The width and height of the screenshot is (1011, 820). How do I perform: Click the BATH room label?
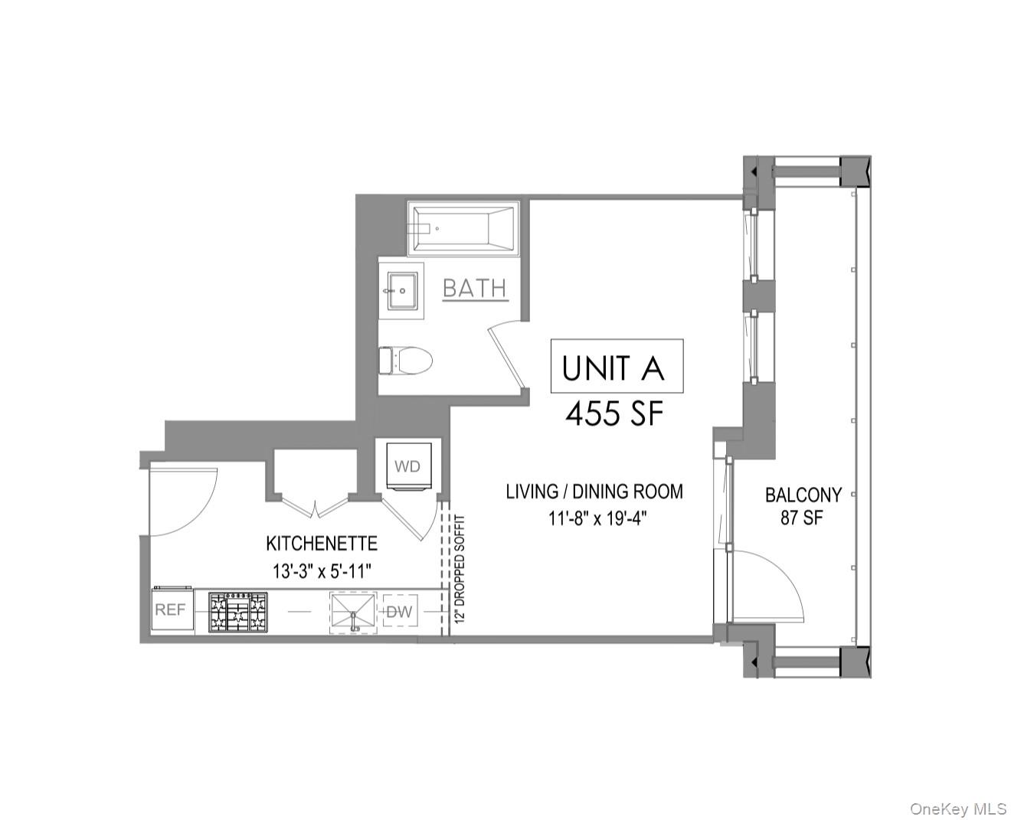475,288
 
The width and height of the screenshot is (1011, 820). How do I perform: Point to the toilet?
406,360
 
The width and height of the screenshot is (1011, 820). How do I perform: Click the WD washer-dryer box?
407,466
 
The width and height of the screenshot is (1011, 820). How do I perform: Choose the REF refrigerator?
171,610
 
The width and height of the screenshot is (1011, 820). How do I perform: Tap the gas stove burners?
238,613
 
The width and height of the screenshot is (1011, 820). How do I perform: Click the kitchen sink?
353,613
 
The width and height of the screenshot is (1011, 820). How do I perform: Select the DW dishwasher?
400,612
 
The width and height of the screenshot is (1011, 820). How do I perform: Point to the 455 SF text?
613,414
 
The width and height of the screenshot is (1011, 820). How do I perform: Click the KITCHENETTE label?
322,544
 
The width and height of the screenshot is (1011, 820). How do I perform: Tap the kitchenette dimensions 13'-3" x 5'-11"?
322,570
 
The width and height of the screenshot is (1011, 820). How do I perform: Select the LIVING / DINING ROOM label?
594,492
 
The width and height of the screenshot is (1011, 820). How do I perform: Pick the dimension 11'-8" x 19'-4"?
597,518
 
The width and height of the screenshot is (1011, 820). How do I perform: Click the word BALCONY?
803,495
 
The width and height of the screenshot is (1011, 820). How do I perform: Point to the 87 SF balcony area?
802,518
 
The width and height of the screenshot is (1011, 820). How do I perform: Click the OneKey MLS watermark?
957,809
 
